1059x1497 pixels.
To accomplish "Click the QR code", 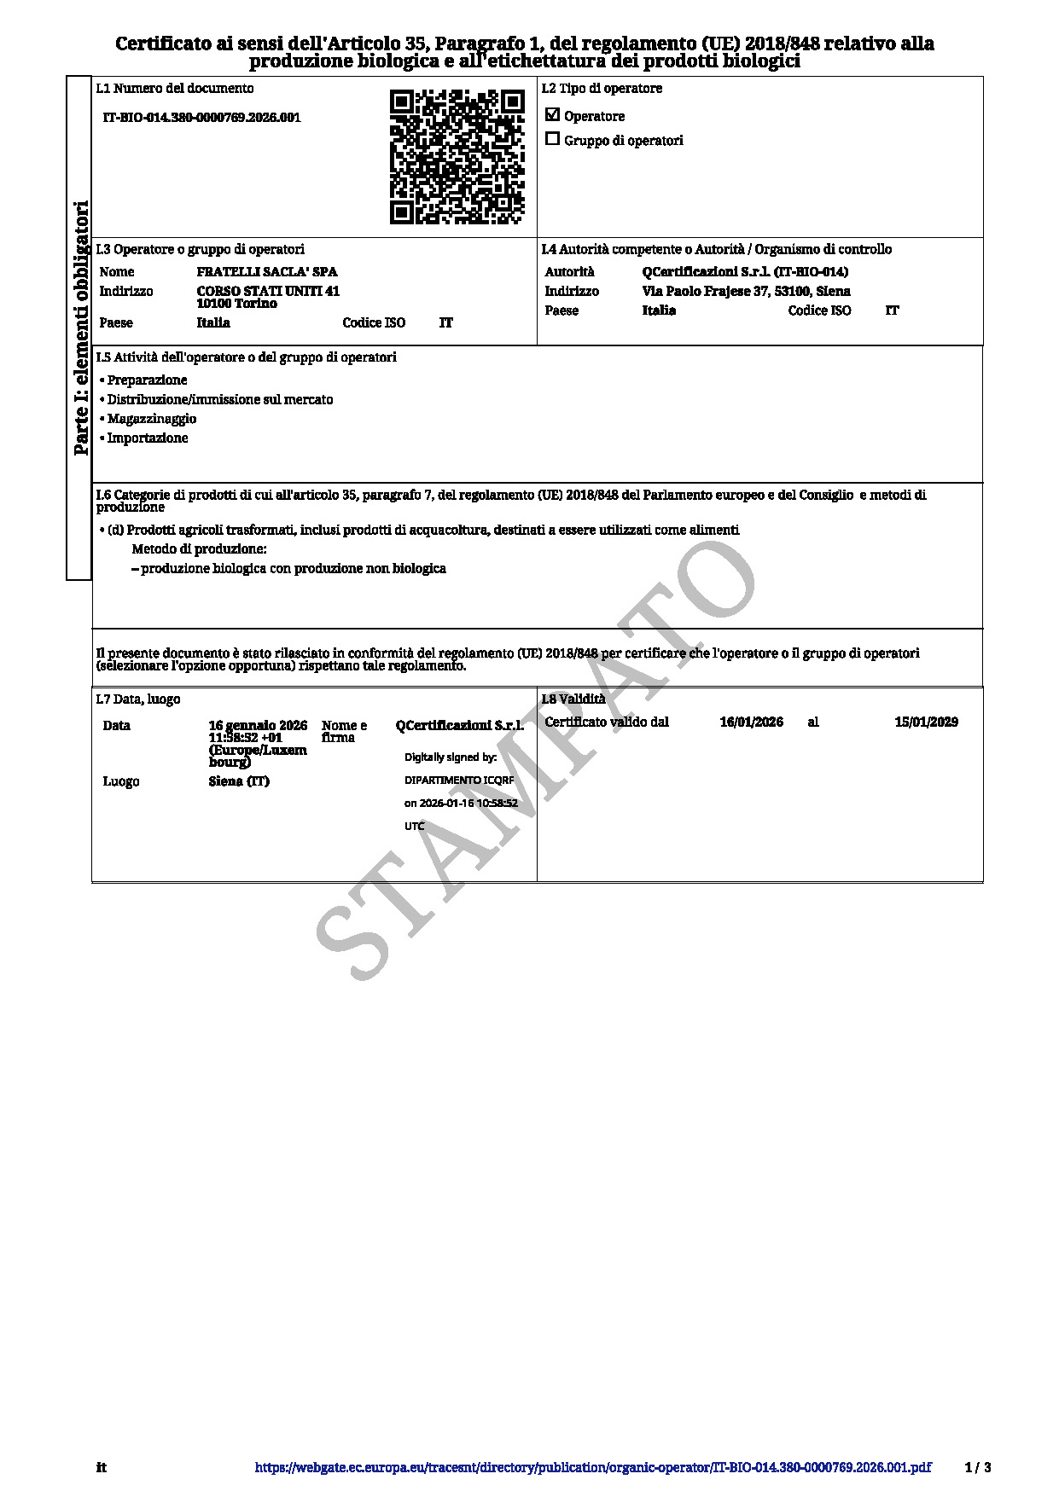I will pos(457,157).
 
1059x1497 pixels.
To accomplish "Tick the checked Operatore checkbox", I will pos(552,114).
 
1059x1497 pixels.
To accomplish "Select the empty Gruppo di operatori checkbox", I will pos(552,139).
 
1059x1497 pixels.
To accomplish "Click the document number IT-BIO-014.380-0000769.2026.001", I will pos(201,118).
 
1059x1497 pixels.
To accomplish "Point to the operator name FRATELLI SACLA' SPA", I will pos(266,272).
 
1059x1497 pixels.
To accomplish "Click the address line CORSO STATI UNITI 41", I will pos(268,291).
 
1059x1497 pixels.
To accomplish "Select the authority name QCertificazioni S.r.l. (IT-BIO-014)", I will pos(744,272).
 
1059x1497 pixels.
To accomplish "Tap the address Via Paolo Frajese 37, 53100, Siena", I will pos(746,291).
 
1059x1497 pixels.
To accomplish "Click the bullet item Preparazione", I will pos(147,380).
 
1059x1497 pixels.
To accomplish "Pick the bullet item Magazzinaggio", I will pos(152,419).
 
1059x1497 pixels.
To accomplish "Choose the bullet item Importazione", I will pos(148,438).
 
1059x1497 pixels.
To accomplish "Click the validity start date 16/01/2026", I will pos(751,722).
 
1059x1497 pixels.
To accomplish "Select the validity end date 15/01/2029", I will pos(926,722).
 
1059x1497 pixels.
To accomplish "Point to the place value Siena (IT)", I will pos(239,781).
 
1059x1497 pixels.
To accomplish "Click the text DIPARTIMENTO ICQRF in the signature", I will pos(459,780).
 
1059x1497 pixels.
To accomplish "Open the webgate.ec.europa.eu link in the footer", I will pos(592,1468).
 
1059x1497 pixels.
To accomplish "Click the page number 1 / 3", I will pos(978,1468).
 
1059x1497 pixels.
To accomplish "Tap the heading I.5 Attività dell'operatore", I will pos(246,357).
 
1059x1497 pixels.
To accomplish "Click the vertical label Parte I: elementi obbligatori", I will pos(80,328).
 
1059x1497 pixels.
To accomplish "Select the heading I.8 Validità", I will pos(573,699).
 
